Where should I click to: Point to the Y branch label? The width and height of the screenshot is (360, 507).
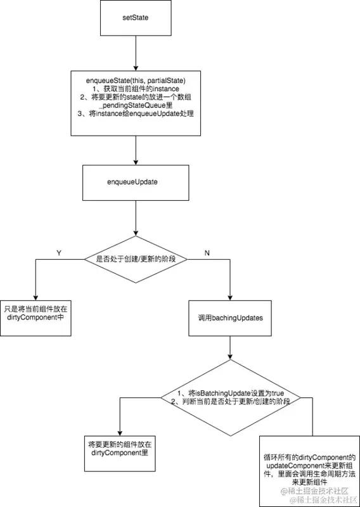tap(59, 252)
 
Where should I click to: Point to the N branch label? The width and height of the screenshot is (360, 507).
tap(207, 252)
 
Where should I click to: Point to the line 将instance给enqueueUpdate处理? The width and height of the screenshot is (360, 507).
tap(134, 113)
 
